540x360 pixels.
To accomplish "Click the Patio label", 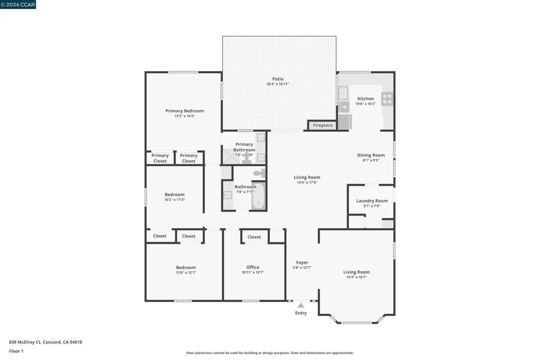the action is pyautogui.click(x=277, y=79).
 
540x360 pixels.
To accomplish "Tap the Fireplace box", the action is pyautogui.click(x=323, y=125).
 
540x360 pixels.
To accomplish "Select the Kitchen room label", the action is pyautogui.click(x=365, y=99).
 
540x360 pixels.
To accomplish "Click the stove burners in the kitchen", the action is pyautogui.click(x=387, y=99).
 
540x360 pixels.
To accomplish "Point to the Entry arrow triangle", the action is pyautogui.click(x=301, y=305).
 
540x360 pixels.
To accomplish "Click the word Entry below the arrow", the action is pyautogui.click(x=301, y=313).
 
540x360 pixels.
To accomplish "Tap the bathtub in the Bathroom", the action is pyautogui.click(x=258, y=197).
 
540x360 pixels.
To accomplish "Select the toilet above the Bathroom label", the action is pyautogui.click(x=259, y=173).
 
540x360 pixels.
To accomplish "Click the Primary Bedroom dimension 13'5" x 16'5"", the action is pyautogui.click(x=185, y=116).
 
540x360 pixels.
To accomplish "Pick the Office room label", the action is pyautogui.click(x=253, y=267).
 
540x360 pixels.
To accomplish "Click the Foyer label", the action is pyautogui.click(x=302, y=262).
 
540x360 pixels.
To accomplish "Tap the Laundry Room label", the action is pyautogui.click(x=372, y=201).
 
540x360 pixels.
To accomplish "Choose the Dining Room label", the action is pyautogui.click(x=371, y=155).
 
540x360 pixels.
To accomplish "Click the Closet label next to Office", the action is pyautogui.click(x=254, y=237).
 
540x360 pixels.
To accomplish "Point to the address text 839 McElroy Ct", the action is pyautogui.click(x=25, y=342).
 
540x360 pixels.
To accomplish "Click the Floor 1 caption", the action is pyautogui.click(x=16, y=351).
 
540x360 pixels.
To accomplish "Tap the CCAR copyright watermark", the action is pyautogui.click(x=18, y=4).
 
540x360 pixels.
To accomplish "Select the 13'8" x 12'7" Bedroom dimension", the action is pyautogui.click(x=186, y=273).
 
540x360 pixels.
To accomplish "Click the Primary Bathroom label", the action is pyautogui.click(x=244, y=147).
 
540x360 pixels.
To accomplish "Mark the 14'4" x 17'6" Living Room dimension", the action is pyautogui.click(x=307, y=182).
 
